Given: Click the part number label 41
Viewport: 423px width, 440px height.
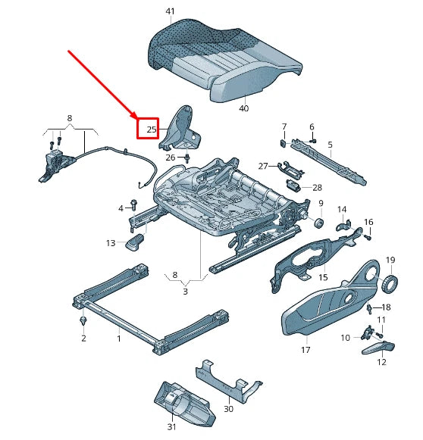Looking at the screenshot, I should pos(169,11).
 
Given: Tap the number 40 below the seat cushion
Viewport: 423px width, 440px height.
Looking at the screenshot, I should pos(243,108).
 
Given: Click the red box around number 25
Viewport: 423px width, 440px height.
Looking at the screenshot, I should pos(147,129).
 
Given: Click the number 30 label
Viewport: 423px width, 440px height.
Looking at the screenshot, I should pos(228,410).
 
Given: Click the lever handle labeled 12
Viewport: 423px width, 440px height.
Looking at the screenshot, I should pos(378,348).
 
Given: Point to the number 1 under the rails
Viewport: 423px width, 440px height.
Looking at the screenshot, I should pos(118,339).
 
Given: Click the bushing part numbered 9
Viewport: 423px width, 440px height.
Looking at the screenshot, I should pos(318,223).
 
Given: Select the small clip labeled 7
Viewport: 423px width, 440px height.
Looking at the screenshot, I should pos(283,140).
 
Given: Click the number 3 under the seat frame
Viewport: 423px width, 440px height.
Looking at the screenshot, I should pos(186,291).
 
